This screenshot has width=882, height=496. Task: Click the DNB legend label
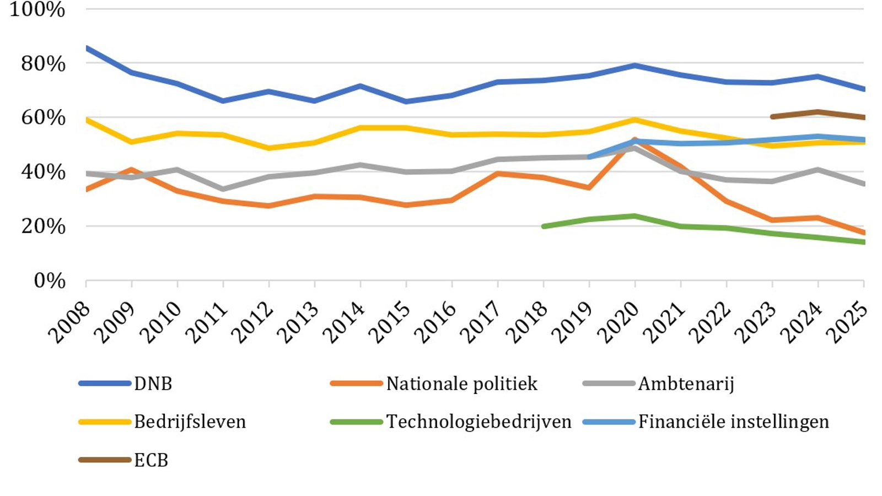pyautogui.click(x=153, y=384)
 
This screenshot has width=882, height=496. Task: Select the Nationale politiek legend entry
pyautogui.click(x=461, y=384)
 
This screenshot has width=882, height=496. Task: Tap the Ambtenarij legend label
pyautogui.click(x=686, y=384)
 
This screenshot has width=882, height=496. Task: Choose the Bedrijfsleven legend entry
pyautogui.click(x=190, y=422)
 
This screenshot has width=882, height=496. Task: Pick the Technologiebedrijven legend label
pyautogui.click(x=478, y=422)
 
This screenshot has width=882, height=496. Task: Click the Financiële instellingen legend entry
pyautogui.click(x=733, y=422)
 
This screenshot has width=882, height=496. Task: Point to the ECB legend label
pyautogui.click(x=151, y=460)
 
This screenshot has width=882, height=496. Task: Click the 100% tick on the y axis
pyautogui.click(x=37, y=9)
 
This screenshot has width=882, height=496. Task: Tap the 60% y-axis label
pyautogui.click(x=43, y=117)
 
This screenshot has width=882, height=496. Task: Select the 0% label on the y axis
pyautogui.click(x=50, y=281)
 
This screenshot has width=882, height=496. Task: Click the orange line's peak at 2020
pyautogui.click(x=634, y=140)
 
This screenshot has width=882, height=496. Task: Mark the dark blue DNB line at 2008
pyautogui.click(x=87, y=48)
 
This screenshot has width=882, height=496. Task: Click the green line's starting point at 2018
pyautogui.click(x=544, y=227)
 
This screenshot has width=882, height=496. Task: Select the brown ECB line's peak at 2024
pyautogui.click(x=818, y=112)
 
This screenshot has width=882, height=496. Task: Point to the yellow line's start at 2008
pyautogui.click(x=87, y=119)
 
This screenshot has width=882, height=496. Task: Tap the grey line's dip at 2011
pyautogui.click(x=223, y=189)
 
